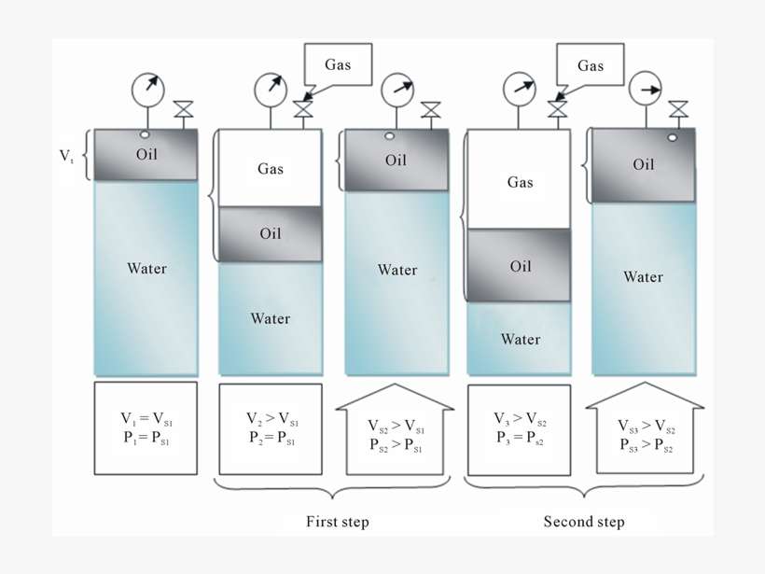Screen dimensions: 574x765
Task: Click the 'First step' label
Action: [337, 522]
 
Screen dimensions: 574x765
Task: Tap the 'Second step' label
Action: [584, 522]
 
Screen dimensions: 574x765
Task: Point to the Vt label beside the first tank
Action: [67, 156]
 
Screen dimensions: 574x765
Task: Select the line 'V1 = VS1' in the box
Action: [145, 419]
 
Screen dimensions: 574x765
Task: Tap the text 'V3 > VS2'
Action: [520, 419]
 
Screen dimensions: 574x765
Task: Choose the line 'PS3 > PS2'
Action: [645, 444]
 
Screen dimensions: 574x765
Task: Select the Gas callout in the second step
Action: [591, 65]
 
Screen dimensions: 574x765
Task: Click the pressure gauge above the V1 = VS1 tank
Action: [147, 90]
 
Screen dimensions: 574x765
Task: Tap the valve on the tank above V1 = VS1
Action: [184, 110]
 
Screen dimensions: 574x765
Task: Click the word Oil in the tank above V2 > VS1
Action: [271, 233]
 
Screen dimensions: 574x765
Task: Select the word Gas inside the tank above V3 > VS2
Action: [520, 182]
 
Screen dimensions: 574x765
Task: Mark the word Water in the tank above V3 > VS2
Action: [520, 339]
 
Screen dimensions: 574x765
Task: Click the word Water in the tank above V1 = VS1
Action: [146, 269]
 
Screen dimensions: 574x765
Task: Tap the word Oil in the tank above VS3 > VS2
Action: [644, 165]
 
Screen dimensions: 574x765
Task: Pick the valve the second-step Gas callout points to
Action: [557, 109]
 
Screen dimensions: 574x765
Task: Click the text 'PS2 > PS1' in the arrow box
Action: [396, 448]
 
